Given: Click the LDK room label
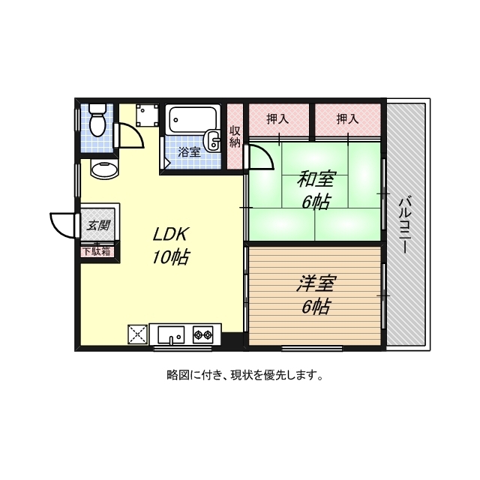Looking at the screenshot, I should pos(171,232).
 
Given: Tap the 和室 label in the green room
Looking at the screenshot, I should pos(316,179).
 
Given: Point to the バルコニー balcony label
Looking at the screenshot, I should pos(405,224).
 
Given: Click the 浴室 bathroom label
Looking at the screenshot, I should pos(188,152).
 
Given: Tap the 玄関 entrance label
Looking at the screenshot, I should pos(98,224).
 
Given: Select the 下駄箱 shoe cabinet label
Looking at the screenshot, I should pos(97,251).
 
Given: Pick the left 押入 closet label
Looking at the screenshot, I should pos(277,118).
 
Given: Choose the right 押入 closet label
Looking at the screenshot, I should pos(347,118).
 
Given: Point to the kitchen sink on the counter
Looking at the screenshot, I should pos(172,334).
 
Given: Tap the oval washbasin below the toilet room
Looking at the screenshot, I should pos(103,168).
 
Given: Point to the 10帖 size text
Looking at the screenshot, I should pos(171,257).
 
